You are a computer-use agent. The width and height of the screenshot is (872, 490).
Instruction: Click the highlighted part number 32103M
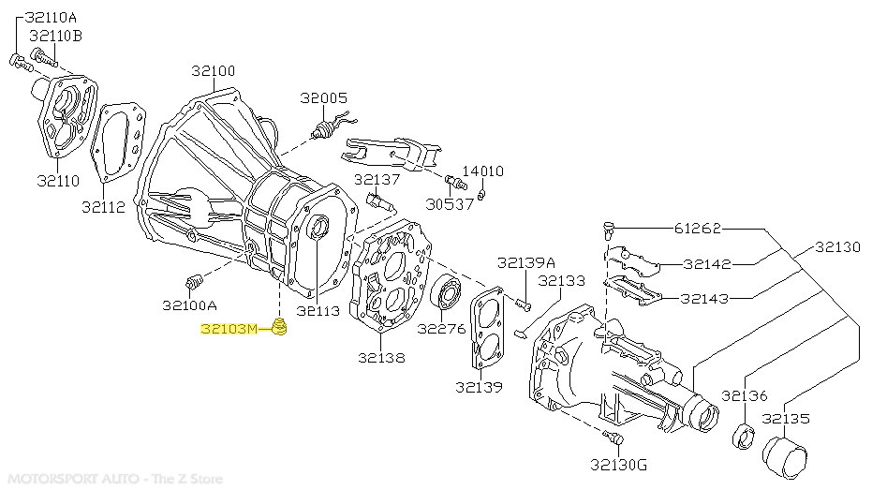click(x=228, y=329)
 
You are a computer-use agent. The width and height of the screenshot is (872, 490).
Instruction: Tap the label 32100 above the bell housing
click(x=214, y=71)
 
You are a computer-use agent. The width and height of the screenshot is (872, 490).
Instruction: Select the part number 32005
click(x=323, y=97)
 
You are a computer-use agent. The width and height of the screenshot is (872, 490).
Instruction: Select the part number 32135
click(x=786, y=419)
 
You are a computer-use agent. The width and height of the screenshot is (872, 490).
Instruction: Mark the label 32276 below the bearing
click(x=441, y=329)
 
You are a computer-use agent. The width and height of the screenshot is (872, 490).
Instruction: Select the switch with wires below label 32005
click(x=329, y=128)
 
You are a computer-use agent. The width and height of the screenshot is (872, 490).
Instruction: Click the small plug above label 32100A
click(x=195, y=282)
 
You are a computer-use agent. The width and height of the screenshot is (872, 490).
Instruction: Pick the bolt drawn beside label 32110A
click(x=22, y=63)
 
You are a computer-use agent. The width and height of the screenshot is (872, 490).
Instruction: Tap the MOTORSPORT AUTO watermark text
click(x=112, y=479)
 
